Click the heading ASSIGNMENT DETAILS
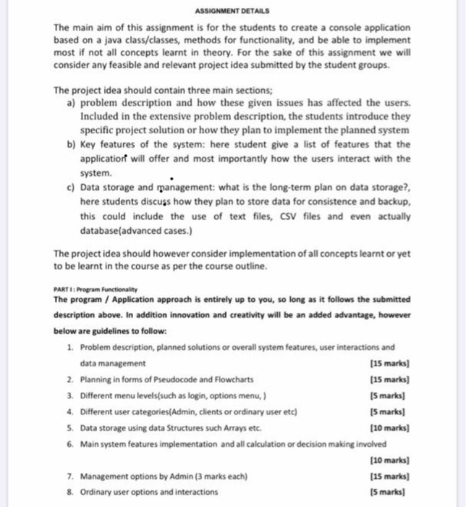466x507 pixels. [232, 10]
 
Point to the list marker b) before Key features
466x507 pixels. [70, 145]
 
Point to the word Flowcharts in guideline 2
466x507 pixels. [234, 379]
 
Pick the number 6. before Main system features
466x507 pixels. [69, 443]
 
